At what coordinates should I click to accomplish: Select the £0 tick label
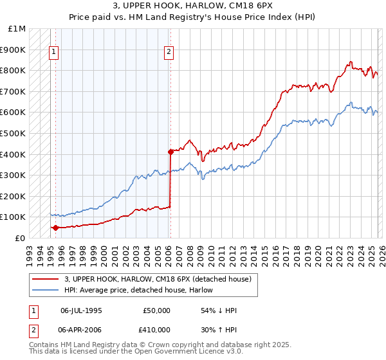click(x=21, y=238)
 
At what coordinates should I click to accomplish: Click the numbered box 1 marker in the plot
click(x=55, y=53)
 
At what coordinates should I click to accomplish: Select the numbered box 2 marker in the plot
click(x=170, y=53)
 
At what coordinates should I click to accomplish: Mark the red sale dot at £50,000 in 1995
click(x=56, y=228)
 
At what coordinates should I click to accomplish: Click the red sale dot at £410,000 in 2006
click(x=170, y=152)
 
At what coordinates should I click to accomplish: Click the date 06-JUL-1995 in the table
click(x=81, y=310)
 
